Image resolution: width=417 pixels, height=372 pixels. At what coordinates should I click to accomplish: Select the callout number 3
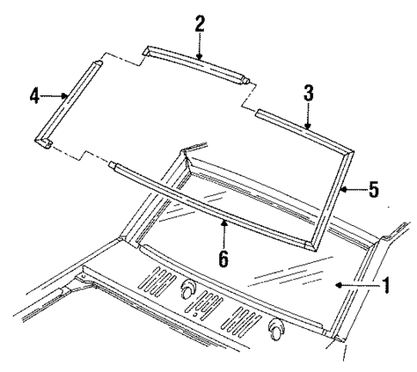click(308, 94)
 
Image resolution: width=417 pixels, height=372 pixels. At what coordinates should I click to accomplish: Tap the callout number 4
click(34, 95)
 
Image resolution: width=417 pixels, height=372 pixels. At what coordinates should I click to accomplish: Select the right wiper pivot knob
click(277, 326)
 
